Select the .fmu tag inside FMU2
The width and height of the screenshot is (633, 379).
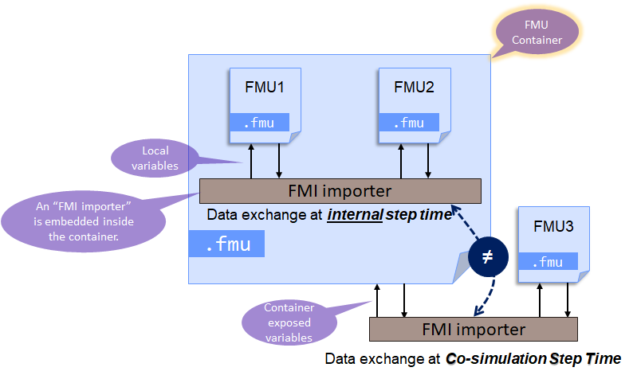(409, 123)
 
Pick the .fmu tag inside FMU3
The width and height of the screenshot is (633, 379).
(548, 261)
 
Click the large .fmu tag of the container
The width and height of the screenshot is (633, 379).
(226, 244)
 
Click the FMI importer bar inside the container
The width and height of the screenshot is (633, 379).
(340, 191)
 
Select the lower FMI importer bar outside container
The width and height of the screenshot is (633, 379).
(474, 329)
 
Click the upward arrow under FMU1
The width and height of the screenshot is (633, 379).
(250, 160)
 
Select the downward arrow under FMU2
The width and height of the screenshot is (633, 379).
(428, 160)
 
